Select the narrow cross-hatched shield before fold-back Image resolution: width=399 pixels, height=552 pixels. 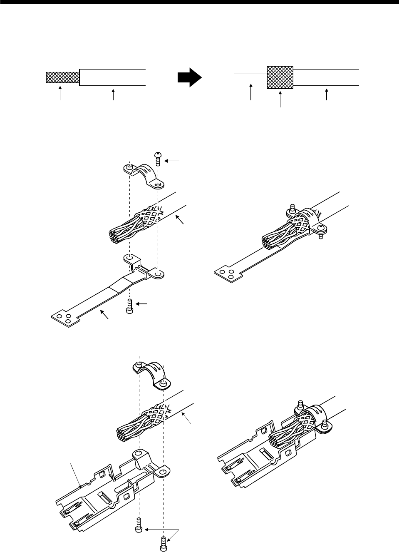coord(62,77)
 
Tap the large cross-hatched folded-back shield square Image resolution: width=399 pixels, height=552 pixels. coord(280,77)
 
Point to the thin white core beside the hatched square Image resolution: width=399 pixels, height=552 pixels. coord(250,77)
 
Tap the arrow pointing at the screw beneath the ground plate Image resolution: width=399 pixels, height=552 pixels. coord(141,304)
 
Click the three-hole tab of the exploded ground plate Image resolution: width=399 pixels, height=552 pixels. coord(63,318)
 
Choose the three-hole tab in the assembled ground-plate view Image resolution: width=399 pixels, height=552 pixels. coord(226,273)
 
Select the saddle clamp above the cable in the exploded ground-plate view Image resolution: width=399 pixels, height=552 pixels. coord(144,176)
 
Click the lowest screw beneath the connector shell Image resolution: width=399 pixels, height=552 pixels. coord(163,543)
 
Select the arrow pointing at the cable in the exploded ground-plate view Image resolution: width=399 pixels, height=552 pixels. coord(180,221)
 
